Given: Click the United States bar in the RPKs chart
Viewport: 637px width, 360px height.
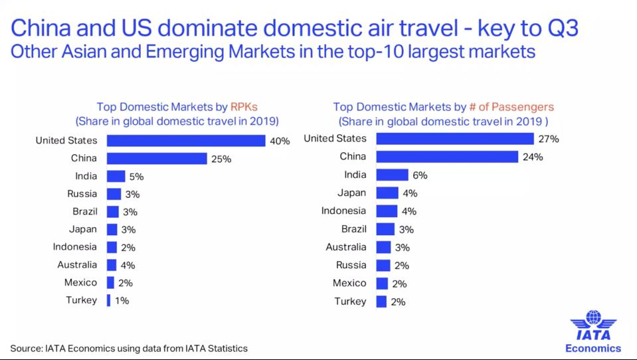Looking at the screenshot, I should [x=186, y=141].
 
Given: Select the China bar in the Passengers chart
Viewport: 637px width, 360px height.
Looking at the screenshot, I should [x=446, y=157].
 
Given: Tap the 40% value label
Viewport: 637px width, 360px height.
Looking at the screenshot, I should [x=280, y=141].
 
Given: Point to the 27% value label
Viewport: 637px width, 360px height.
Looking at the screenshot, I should [x=549, y=139].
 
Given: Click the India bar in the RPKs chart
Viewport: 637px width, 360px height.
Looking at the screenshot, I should [x=116, y=176].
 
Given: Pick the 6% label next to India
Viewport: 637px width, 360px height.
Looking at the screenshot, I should [x=419, y=175].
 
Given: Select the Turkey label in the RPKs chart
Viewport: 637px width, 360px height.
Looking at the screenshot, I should [x=81, y=300].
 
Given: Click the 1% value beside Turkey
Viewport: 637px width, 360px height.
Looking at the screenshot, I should [x=122, y=300].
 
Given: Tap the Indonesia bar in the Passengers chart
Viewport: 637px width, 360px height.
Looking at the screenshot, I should [x=387, y=211].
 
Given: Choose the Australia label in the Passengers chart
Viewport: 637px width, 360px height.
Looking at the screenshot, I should [x=345, y=247].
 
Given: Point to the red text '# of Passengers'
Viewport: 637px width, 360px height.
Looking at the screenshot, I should [x=517, y=106].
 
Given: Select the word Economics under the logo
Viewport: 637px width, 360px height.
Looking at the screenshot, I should [x=592, y=348].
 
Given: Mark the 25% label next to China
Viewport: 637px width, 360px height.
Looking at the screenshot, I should [x=221, y=159].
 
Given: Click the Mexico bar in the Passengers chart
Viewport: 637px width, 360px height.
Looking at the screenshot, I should [x=382, y=284].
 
